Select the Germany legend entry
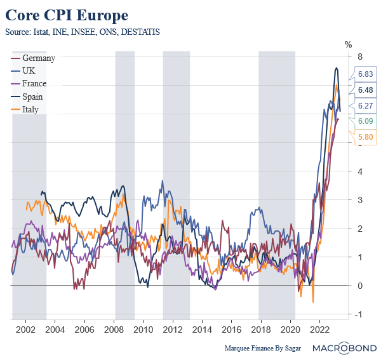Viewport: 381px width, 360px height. (x=38, y=58)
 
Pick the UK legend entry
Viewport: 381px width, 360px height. (x=29, y=70)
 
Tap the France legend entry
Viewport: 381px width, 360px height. (x=34, y=83)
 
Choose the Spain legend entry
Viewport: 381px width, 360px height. (x=32, y=97)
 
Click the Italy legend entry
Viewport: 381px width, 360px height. (x=30, y=109)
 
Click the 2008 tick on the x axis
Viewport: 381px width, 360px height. (x=114, y=330)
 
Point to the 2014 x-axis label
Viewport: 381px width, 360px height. (x=201, y=330)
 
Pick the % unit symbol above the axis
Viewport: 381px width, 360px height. (x=347, y=44)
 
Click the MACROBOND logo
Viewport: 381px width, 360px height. (x=346, y=349)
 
